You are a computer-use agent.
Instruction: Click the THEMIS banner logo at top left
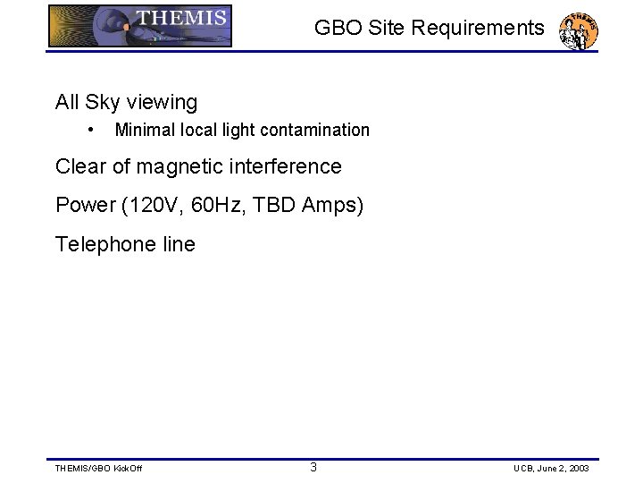[140, 25]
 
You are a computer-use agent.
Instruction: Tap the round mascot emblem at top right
[578, 30]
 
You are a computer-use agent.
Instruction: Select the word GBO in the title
[337, 28]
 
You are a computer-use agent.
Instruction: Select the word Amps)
[333, 206]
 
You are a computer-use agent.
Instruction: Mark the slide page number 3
[313, 467]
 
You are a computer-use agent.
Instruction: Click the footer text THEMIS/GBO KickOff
[98, 469]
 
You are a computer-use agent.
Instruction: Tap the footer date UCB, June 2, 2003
[551, 469]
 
